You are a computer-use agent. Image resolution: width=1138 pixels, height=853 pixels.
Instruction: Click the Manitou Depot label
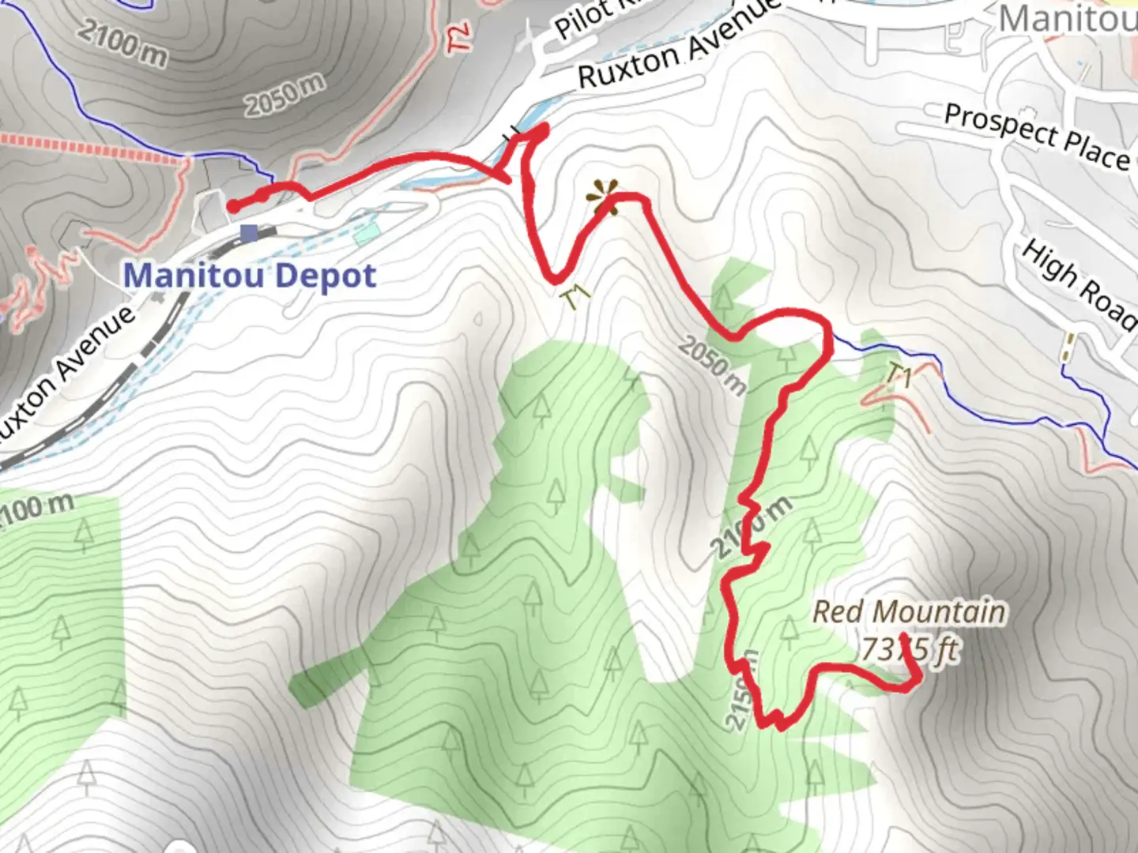[250, 276]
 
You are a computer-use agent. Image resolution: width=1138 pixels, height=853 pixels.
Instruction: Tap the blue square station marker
[250, 233]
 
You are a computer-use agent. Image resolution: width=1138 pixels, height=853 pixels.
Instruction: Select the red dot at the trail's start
[234, 206]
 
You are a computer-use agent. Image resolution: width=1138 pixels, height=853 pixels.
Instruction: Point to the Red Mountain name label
[909, 612]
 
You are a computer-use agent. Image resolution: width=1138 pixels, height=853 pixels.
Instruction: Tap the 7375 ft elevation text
[909, 650]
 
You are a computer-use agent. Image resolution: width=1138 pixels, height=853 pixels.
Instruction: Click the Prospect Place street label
[1037, 136]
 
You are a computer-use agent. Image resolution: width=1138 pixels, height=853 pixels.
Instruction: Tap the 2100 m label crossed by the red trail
[750, 528]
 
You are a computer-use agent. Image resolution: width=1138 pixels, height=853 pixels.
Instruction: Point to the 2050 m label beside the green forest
[712, 365]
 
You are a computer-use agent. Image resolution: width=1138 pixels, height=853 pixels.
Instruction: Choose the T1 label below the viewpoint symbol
[577, 299]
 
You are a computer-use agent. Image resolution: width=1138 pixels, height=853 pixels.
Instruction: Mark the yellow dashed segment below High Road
[1069, 348]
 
